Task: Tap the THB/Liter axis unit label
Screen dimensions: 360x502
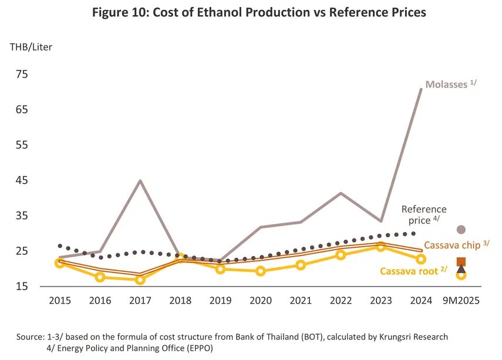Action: pyautogui.click(x=31, y=47)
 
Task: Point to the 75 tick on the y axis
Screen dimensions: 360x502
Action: pyautogui.click(x=21, y=74)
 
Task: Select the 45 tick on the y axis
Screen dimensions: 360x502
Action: pyautogui.click(x=21, y=180)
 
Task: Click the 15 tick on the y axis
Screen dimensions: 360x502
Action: pyautogui.click(x=21, y=287)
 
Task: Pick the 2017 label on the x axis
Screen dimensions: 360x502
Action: pyautogui.click(x=140, y=300)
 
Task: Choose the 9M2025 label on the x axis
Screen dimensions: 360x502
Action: pyautogui.click(x=461, y=300)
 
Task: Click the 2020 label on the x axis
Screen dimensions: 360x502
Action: pyautogui.click(x=260, y=300)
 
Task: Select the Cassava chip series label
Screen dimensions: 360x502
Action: pyautogui.click(x=456, y=244)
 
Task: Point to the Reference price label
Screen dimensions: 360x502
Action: pyautogui.click(x=424, y=214)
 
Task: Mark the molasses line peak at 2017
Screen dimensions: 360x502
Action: pyautogui.click(x=140, y=180)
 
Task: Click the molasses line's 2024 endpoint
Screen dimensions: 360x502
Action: pyautogui.click(x=421, y=89)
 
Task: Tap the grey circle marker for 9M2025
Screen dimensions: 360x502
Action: pyautogui.click(x=461, y=230)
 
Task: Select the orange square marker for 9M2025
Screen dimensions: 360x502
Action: pyautogui.click(x=461, y=262)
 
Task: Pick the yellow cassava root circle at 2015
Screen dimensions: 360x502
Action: pyautogui.click(x=60, y=263)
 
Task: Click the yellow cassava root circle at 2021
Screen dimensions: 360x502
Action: pyautogui.click(x=301, y=265)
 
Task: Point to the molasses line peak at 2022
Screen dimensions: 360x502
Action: pyautogui.click(x=341, y=193)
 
